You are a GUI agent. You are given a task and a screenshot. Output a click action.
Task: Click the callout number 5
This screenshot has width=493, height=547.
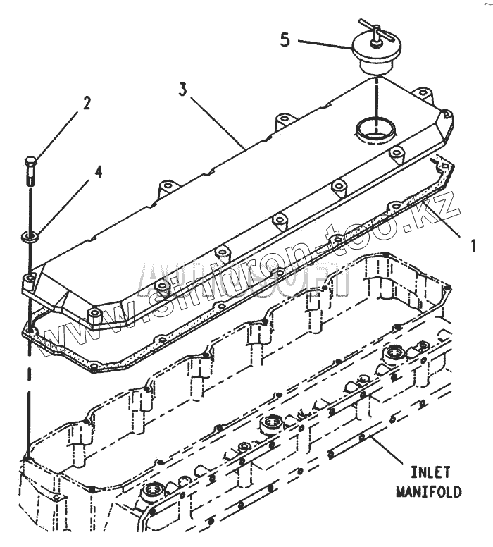tap(285, 39)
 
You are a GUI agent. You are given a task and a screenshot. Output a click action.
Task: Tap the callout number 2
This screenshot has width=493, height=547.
tap(86, 104)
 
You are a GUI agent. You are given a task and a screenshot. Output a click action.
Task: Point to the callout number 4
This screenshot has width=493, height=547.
tap(99, 171)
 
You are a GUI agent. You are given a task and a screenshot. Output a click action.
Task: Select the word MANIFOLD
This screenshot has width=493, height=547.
tap(428, 491)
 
